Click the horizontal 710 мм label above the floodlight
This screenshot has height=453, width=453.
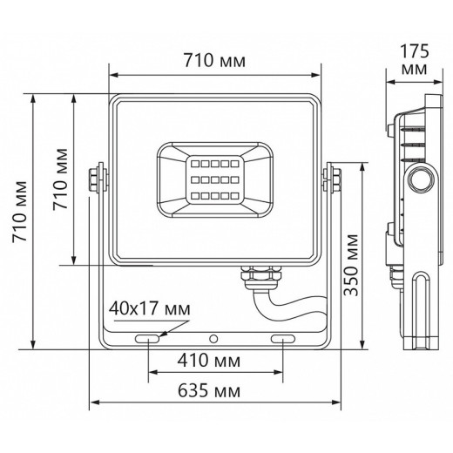tap(213, 61)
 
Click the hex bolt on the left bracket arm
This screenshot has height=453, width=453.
tap(97, 179)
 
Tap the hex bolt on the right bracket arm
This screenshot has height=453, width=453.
tap(331, 179)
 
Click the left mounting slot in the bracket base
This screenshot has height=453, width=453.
tap(147, 337)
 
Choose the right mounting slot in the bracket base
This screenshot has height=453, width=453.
tap(284, 337)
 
